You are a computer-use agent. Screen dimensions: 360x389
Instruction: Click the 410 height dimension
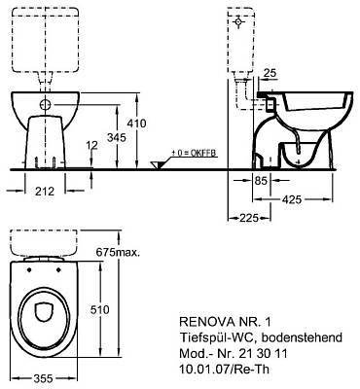click(136, 124)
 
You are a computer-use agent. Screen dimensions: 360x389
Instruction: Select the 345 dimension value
click(117, 137)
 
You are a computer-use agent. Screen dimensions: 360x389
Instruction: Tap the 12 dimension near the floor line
click(92, 145)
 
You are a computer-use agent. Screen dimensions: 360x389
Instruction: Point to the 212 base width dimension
click(45, 192)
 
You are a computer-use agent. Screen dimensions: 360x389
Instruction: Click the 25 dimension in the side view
click(270, 73)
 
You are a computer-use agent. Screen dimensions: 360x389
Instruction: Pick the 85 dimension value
click(261, 180)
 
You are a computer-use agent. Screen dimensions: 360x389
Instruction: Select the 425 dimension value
click(292, 199)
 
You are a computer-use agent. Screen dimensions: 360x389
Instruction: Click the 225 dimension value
click(249, 218)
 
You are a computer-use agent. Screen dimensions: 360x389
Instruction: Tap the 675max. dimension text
click(118, 252)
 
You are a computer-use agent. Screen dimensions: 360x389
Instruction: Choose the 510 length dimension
click(100, 310)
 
